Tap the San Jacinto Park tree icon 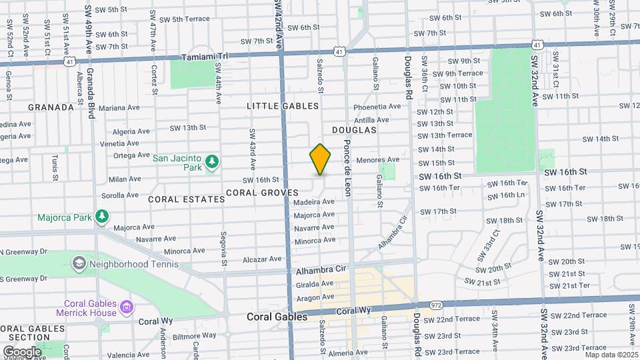pos(212,161)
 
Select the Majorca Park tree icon pos(101,216)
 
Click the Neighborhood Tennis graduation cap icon pos(79,263)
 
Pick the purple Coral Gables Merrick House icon pos(127,308)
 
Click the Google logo pos(22,351)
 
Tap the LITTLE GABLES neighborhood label pos(283,106)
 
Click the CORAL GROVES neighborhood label pos(261,193)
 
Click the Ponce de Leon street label pos(347,167)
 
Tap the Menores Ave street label pos(377,160)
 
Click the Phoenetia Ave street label pos(377,106)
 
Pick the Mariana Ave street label pos(119,107)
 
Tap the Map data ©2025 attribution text pos(611,355)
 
